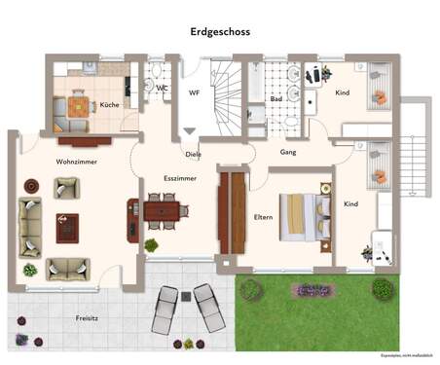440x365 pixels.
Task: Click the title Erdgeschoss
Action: [x=219, y=31]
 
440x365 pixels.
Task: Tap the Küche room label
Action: [x=109, y=104]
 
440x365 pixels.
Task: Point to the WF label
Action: [x=194, y=93]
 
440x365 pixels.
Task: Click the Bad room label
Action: [x=275, y=99]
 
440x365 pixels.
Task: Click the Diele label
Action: [x=194, y=154]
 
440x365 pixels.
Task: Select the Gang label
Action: [x=288, y=153]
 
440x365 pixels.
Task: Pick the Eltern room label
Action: [x=263, y=217]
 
